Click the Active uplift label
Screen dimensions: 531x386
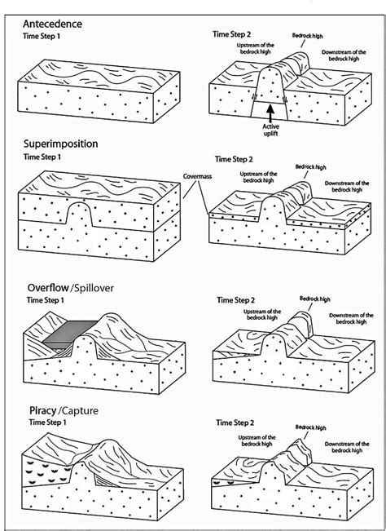coord(271,131)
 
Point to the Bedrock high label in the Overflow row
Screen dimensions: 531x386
coord(315,299)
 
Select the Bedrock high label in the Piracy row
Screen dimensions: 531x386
coord(310,427)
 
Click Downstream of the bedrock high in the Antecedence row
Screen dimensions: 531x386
coord(348,57)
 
